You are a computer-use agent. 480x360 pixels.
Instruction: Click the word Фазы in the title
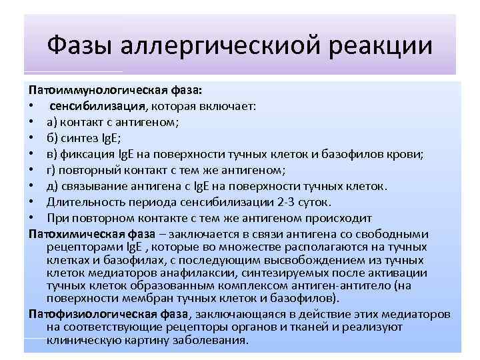click(x=80, y=46)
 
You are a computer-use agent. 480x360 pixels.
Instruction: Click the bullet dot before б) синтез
click(x=31, y=138)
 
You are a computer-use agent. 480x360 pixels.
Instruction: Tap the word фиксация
click(x=85, y=154)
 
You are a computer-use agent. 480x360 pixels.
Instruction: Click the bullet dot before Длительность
click(x=31, y=202)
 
